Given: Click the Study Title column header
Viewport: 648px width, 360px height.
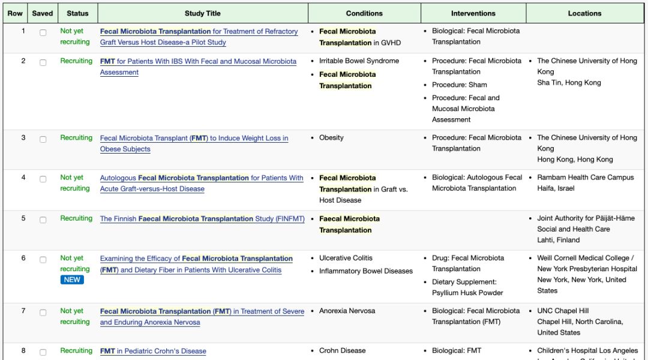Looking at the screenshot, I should pyautogui.click(x=202, y=13).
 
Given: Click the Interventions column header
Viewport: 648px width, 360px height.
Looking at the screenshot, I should pyautogui.click(x=473, y=13).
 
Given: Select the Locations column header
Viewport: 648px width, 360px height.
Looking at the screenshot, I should pyautogui.click(x=584, y=13).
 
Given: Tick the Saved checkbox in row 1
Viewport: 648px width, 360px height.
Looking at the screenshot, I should pyautogui.click(x=43, y=33).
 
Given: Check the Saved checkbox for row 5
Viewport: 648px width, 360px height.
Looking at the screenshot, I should pyautogui.click(x=43, y=220).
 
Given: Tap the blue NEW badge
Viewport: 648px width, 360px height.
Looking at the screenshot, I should pyautogui.click(x=72, y=280).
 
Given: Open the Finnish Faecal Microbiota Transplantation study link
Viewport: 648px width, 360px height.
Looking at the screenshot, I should pyautogui.click(x=202, y=219).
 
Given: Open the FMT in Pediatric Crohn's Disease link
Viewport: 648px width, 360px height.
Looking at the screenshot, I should pyautogui.click(x=153, y=351).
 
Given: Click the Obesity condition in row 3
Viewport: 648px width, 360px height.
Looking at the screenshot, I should pyautogui.click(x=331, y=137).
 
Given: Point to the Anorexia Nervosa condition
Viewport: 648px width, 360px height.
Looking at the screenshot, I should pyautogui.click(x=347, y=311).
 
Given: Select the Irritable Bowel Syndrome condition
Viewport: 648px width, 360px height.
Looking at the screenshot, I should pyautogui.click(x=359, y=61).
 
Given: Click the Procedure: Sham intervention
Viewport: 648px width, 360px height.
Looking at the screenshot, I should pyautogui.click(x=460, y=85).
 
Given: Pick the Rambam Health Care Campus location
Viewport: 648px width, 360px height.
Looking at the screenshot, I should pyautogui.click(x=585, y=178).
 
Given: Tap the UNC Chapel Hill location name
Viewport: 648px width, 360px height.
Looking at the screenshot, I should pyautogui.click(x=563, y=311).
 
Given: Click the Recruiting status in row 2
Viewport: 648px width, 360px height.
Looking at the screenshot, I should pyautogui.click(x=76, y=61).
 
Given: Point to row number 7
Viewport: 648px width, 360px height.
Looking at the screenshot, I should pyautogui.click(x=23, y=311).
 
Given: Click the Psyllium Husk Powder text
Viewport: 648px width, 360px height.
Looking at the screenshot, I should pyautogui.click(x=467, y=293).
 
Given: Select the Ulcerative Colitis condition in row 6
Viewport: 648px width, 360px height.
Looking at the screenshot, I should pyautogui.click(x=346, y=258).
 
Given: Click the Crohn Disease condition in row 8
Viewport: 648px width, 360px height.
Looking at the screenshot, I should pyautogui.click(x=342, y=350).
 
